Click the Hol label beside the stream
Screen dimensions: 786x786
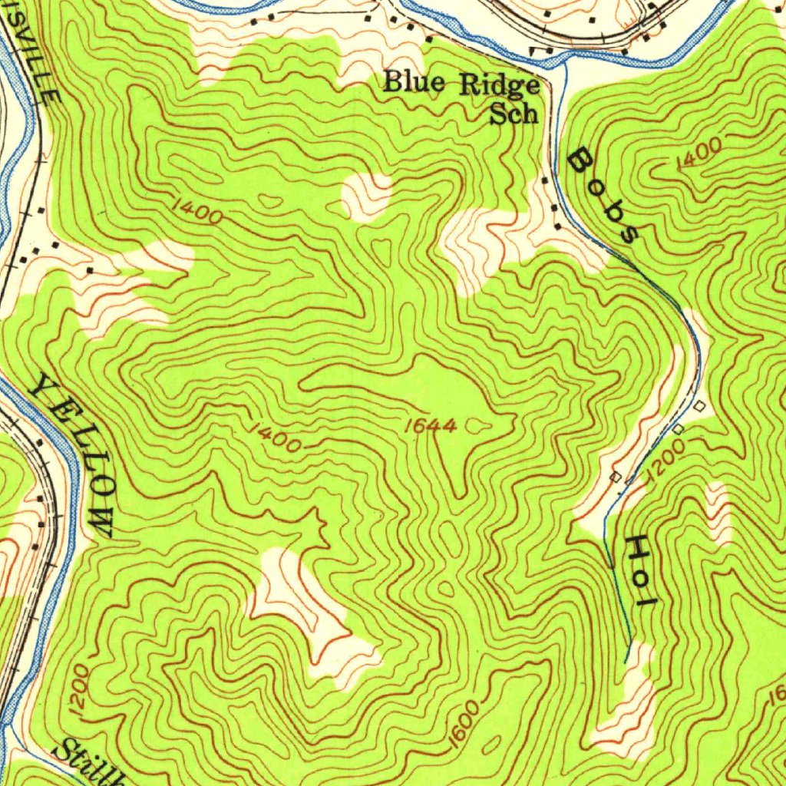639,571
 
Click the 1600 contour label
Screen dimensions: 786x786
465,725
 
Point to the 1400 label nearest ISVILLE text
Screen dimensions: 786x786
197,210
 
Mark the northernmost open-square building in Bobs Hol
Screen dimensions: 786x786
699,405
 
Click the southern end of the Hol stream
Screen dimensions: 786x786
626,660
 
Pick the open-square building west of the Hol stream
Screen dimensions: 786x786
615,477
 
